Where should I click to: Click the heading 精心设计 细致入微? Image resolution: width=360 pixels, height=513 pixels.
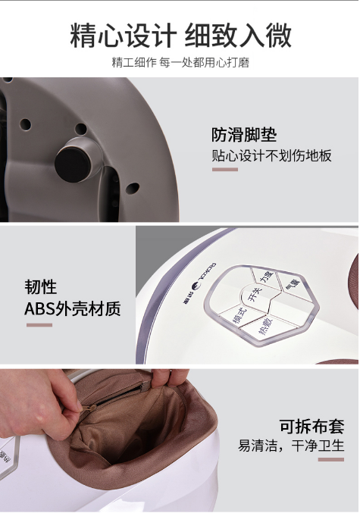pyautogui.click(x=180, y=36)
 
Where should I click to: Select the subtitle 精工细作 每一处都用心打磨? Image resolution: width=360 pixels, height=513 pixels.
pyautogui.click(x=180, y=62)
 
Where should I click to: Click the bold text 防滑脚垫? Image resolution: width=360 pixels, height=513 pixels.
pyautogui.click(x=244, y=134)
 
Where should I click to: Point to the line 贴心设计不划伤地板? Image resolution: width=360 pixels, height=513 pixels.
pyautogui.click(x=271, y=155)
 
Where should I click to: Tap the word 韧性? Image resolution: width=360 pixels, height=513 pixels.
pyautogui.click(x=41, y=287)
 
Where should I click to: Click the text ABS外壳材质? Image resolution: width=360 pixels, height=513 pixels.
pyautogui.click(x=73, y=308)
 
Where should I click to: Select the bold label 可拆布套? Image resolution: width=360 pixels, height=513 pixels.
pyautogui.click(x=311, y=426)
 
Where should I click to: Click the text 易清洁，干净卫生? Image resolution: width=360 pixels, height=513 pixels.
pyautogui.click(x=291, y=446)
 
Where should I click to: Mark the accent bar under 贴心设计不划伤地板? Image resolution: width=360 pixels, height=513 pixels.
pyautogui.click(x=225, y=170)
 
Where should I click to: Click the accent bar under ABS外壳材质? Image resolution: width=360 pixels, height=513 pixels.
pyautogui.click(x=39, y=325)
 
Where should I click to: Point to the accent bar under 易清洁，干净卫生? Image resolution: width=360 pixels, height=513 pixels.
pyautogui.click(x=331, y=460)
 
